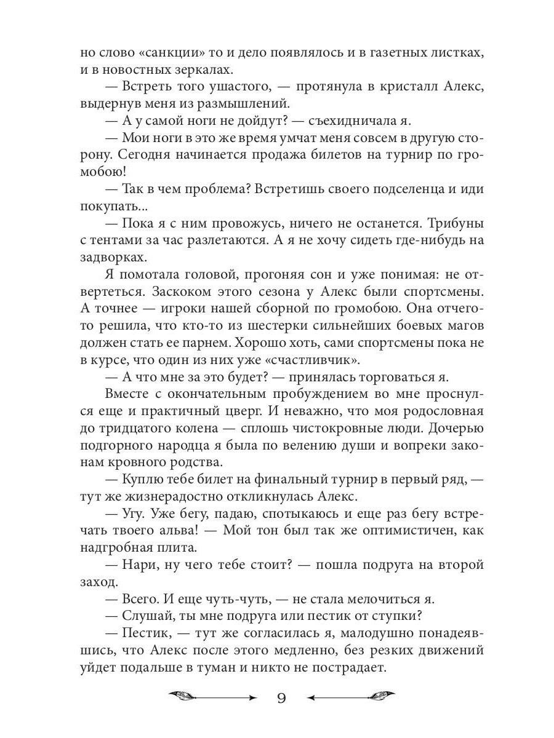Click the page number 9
[x=281, y=697]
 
